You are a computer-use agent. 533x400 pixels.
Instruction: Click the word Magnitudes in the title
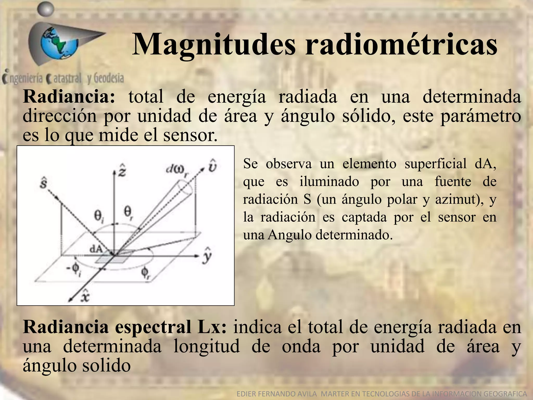point(214,45)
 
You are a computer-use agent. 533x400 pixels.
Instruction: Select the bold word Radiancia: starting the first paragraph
point(69,97)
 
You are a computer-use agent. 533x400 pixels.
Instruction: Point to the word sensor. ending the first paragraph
point(190,135)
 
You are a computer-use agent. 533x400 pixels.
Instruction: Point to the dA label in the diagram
point(96,249)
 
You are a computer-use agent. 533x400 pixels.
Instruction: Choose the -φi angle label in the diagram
point(73,270)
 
